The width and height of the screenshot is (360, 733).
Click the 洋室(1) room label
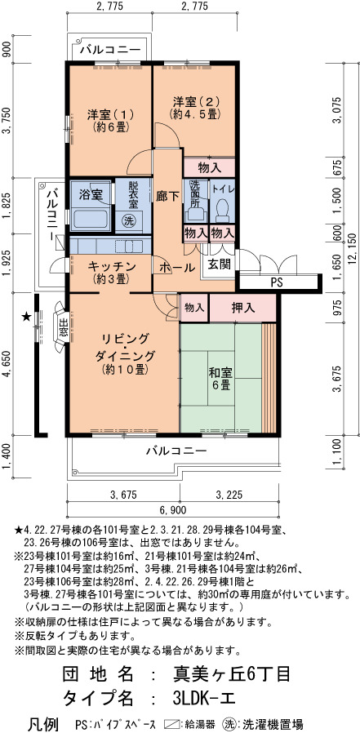coord(110,114)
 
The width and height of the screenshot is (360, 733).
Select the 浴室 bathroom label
coord(91,195)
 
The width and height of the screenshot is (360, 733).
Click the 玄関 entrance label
coord(220,264)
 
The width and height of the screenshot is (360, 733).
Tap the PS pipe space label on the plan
coord(278,282)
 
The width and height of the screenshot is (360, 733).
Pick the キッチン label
coord(112,266)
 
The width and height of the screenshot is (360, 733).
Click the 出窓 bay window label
coord(64,327)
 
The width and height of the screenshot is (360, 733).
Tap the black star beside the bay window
coord(27,318)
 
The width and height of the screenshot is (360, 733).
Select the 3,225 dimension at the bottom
coord(229,495)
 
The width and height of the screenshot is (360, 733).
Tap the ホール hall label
coord(176,269)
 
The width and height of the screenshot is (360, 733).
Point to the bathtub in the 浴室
coord(91,220)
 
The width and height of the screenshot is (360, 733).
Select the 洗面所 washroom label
coord(194,194)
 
